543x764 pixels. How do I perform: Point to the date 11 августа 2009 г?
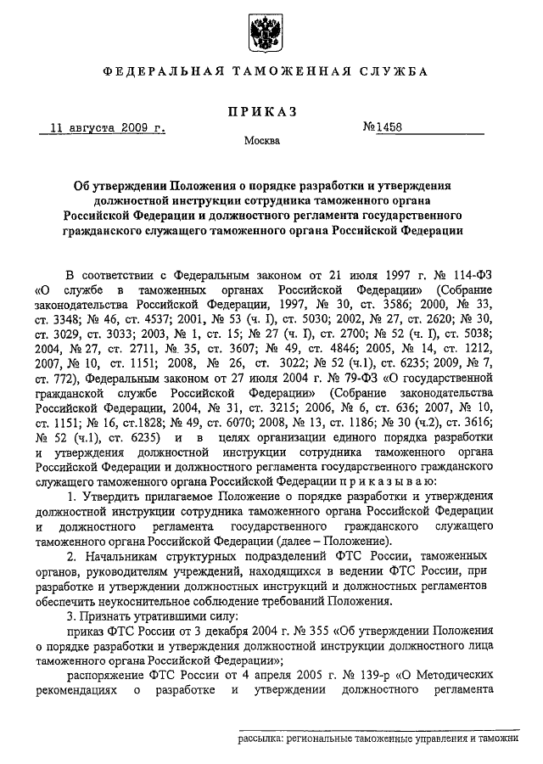(107, 128)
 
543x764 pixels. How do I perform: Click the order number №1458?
(383, 128)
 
